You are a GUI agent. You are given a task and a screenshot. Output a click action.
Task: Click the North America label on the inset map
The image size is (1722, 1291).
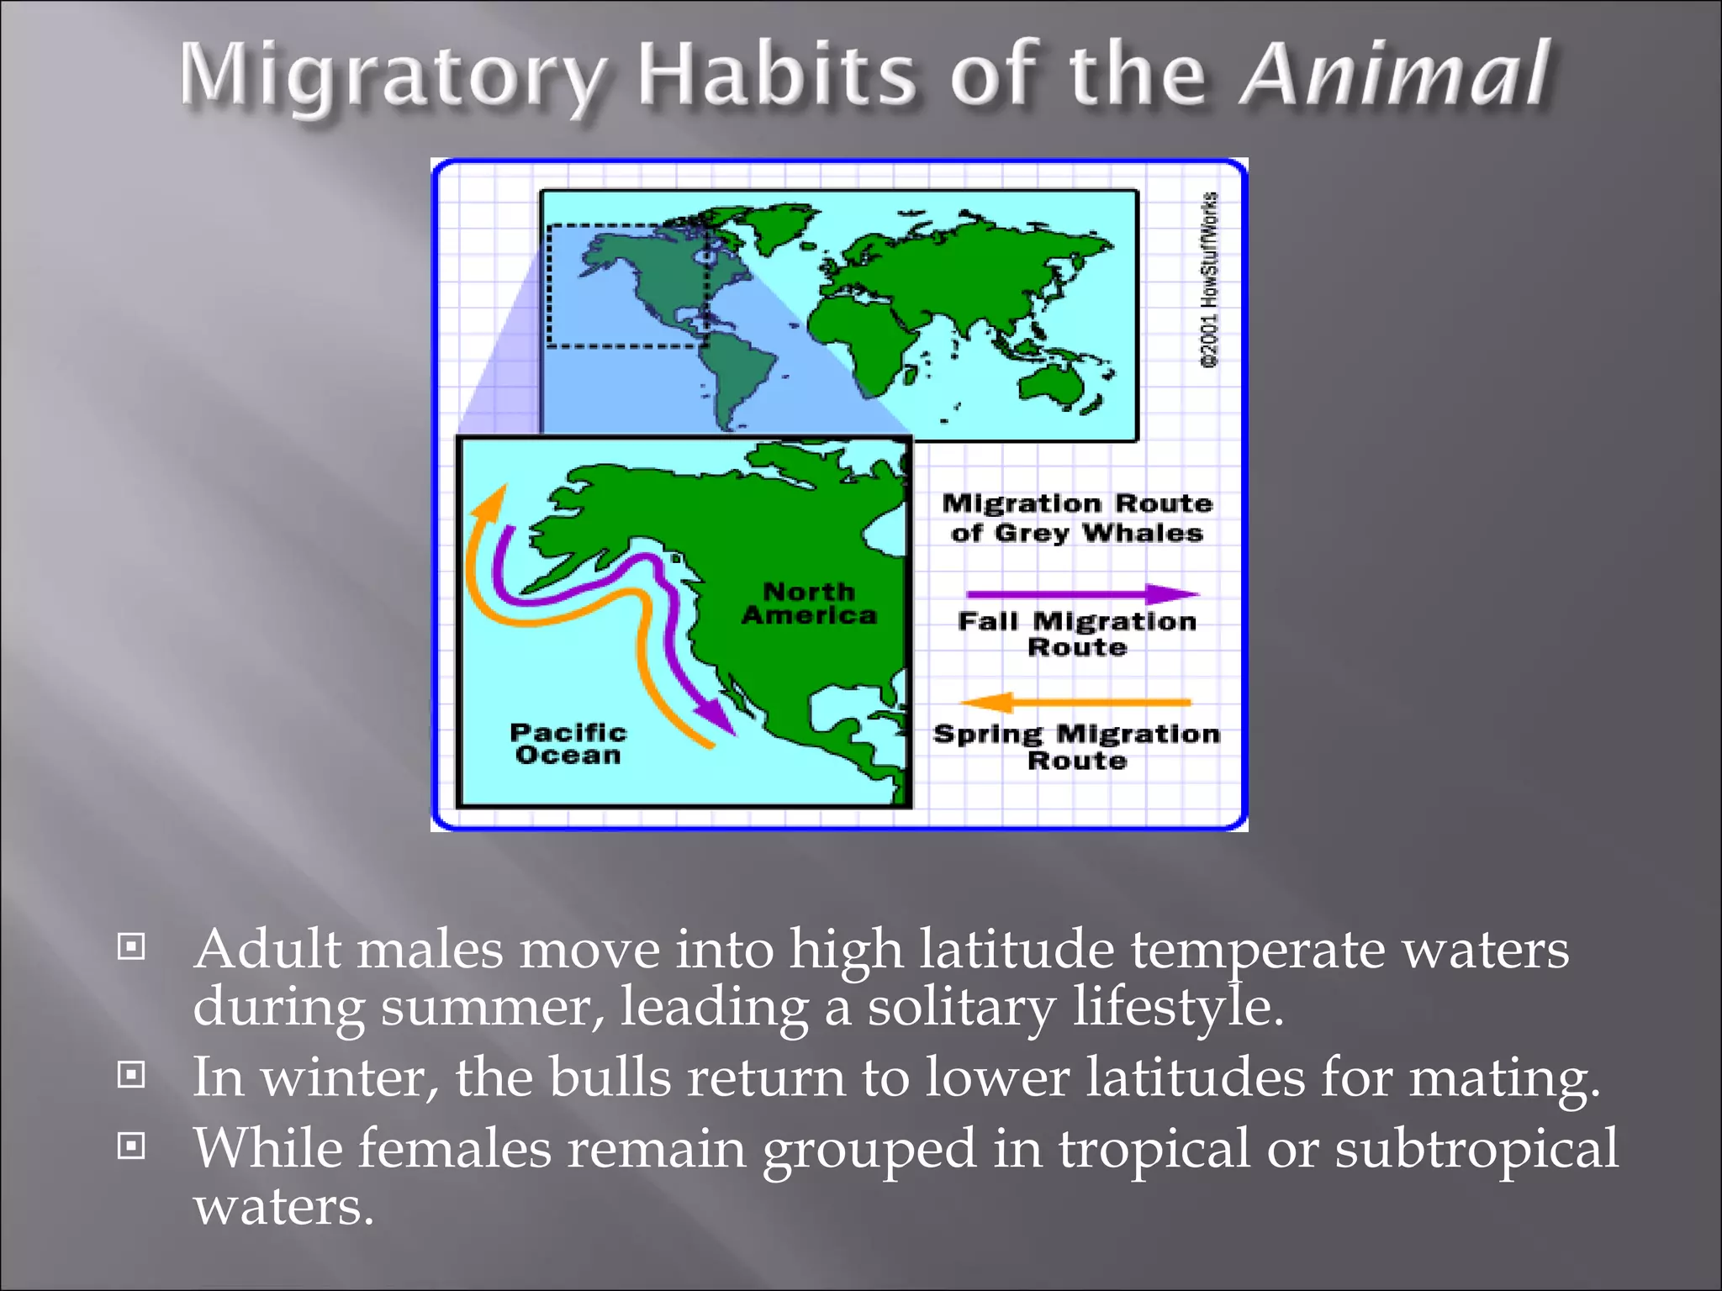point(809,603)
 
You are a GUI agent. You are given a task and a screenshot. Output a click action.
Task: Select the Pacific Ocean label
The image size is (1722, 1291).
point(568,744)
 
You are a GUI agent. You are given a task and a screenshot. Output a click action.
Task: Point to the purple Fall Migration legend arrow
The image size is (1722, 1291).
point(1081,594)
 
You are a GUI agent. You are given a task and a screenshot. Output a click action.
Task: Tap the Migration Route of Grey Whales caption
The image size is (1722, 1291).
point(1077,518)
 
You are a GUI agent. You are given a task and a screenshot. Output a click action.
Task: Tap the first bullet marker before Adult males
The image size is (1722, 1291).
point(131,947)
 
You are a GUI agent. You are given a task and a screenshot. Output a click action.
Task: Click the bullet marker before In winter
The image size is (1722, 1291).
point(131,1074)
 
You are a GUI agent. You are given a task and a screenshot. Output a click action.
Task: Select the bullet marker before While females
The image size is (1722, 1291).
point(131,1145)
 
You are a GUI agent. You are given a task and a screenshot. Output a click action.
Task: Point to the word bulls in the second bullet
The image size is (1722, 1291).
point(610,1077)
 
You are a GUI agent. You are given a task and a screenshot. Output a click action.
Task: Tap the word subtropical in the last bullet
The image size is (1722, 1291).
point(1476,1149)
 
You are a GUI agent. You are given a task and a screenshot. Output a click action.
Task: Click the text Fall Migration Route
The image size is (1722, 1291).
point(1077,634)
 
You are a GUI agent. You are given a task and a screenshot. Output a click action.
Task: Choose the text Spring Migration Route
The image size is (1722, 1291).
point(1077,746)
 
